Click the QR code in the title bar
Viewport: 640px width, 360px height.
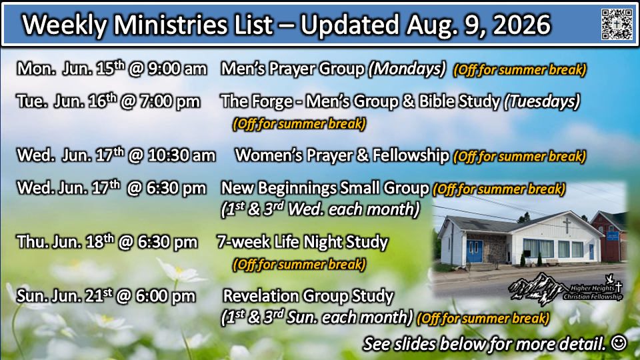tap(617, 24)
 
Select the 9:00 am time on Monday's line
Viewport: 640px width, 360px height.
tap(177, 69)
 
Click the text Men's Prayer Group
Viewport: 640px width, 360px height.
tap(293, 69)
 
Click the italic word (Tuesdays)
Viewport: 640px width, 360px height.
tap(541, 101)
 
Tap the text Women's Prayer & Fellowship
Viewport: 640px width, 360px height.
tap(342, 155)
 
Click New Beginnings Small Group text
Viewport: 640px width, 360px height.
tap(325, 189)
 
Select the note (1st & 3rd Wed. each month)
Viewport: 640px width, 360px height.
tap(321, 209)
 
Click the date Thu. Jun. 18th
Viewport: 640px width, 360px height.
tap(65, 242)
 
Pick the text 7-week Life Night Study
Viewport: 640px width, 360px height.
tap(302, 242)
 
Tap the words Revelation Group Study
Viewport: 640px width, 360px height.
tap(308, 296)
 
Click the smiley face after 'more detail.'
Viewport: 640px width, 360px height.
tap(619, 343)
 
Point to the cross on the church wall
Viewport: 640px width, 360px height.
tap(567, 226)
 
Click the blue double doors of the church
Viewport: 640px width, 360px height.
tap(474, 251)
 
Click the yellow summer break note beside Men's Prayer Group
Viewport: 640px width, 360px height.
tap(519, 70)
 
